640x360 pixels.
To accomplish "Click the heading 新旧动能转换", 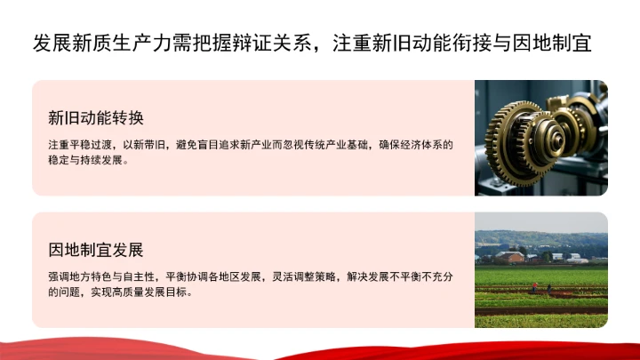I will pos(96,118).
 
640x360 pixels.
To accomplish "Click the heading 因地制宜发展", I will pos(96,249).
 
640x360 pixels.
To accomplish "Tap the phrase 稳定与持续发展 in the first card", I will pos(88,161).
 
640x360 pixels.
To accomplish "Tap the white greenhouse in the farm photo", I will pos(576,260).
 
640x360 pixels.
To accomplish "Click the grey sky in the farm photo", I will pos(541,222).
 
